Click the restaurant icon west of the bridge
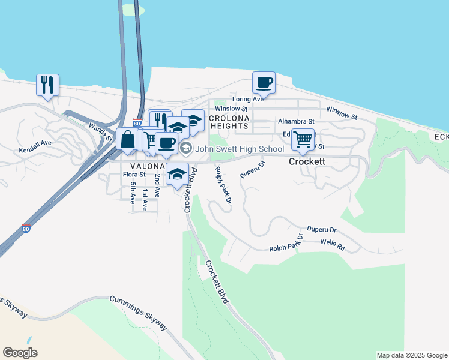(x=47, y=84)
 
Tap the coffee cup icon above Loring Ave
(x=264, y=82)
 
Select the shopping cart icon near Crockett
(x=303, y=139)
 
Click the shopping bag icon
(x=127, y=140)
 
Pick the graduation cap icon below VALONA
(x=177, y=174)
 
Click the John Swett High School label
(x=239, y=149)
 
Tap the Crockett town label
(x=307, y=162)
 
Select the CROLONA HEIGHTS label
(x=229, y=122)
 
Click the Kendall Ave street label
(x=35, y=147)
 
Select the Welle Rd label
(x=333, y=246)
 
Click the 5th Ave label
(x=133, y=193)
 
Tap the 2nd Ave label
(x=157, y=186)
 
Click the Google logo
(x=20, y=353)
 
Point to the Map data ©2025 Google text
(x=412, y=355)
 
